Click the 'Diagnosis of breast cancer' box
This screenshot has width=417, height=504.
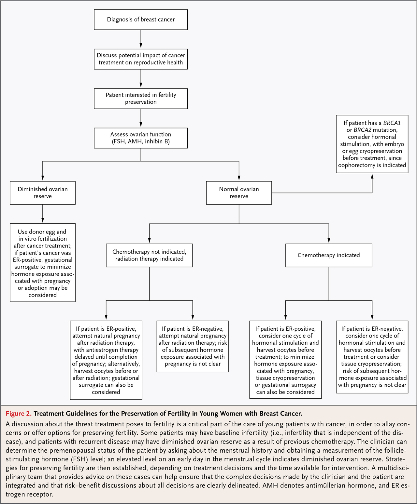pyautogui.click(x=141, y=20)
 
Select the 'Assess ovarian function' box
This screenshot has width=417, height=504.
pyautogui.click(x=141, y=138)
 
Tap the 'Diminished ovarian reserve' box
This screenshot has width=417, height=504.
pyautogui.click(x=43, y=192)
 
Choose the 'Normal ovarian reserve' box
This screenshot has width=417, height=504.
pyautogui.click(x=239, y=192)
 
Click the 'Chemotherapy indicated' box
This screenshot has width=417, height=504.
pyautogui.click(x=329, y=255)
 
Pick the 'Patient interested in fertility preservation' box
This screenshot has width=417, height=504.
pyautogui.click(x=141, y=99)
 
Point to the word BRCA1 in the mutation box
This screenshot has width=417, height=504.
pyautogui.click(x=392, y=123)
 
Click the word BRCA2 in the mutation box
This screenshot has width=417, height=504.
pyautogui.click(x=362, y=130)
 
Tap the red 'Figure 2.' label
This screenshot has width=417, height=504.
pyautogui.click(x=19, y=414)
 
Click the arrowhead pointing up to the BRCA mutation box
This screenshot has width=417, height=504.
pyautogui.click(x=372, y=177)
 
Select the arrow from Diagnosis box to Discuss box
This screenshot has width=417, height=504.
pyautogui.click(x=141, y=39)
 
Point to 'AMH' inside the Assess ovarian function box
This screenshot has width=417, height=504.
pyautogui.click(x=135, y=141)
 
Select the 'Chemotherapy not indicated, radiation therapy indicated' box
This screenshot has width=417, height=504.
pyautogui.click(x=149, y=255)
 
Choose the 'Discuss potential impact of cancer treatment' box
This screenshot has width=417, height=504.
pyautogui.click(x=141, y=59)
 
